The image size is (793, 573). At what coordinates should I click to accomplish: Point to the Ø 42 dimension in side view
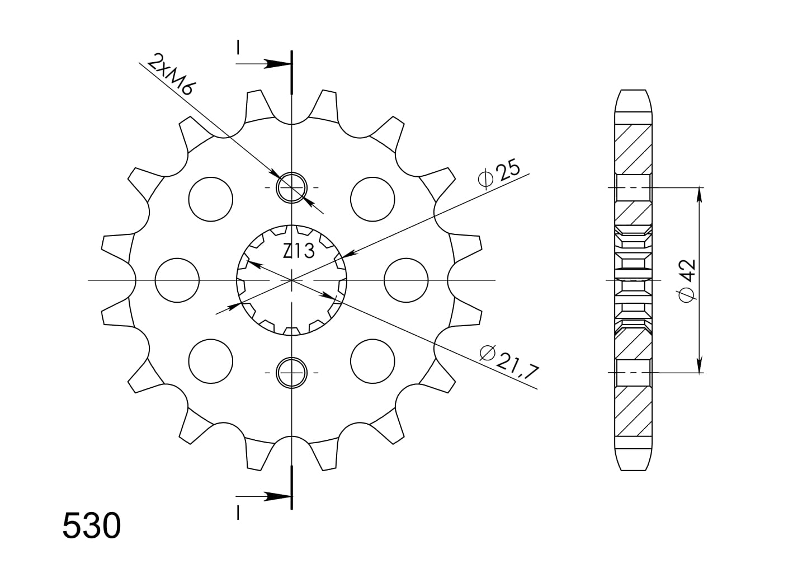click(687, 281)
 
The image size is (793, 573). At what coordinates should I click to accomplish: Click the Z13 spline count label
click(299, 251)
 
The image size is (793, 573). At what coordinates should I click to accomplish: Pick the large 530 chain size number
click(92, 526)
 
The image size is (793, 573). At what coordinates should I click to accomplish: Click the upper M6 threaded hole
click(292, 187)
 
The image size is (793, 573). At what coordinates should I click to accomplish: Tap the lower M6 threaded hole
click(292, 373)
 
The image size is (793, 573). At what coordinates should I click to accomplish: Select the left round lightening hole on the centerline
click(177, 280)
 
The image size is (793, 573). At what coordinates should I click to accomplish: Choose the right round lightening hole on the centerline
click(406, 280)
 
